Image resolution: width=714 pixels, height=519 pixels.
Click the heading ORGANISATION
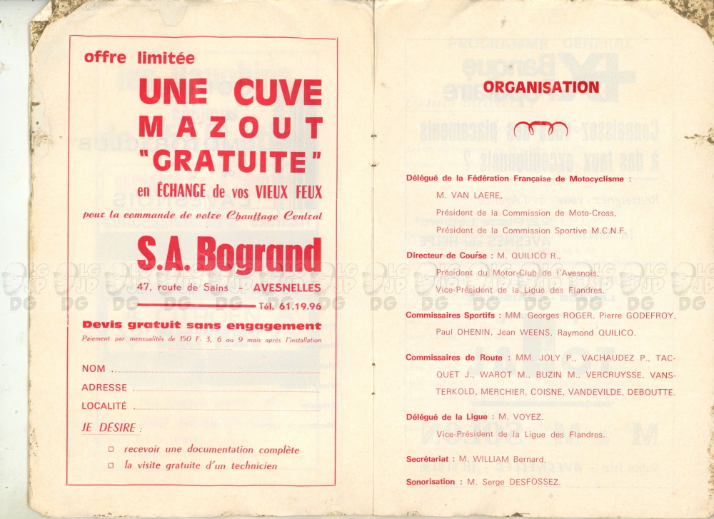click(540, 88)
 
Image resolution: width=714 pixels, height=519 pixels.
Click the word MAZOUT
click(230, 127)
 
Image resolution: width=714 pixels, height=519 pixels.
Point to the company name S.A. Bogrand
click(229, 255)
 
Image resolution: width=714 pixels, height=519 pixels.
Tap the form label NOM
click(94, 368)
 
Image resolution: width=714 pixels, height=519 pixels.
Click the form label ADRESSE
click(104, 387)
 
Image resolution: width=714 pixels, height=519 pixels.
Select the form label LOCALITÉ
click(104, 405)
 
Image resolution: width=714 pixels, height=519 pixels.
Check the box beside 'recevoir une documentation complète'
click(111, 450)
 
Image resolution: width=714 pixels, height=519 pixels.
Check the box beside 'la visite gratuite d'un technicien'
click(111, 465)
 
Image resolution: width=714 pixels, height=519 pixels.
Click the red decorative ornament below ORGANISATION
click(540, 129)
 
